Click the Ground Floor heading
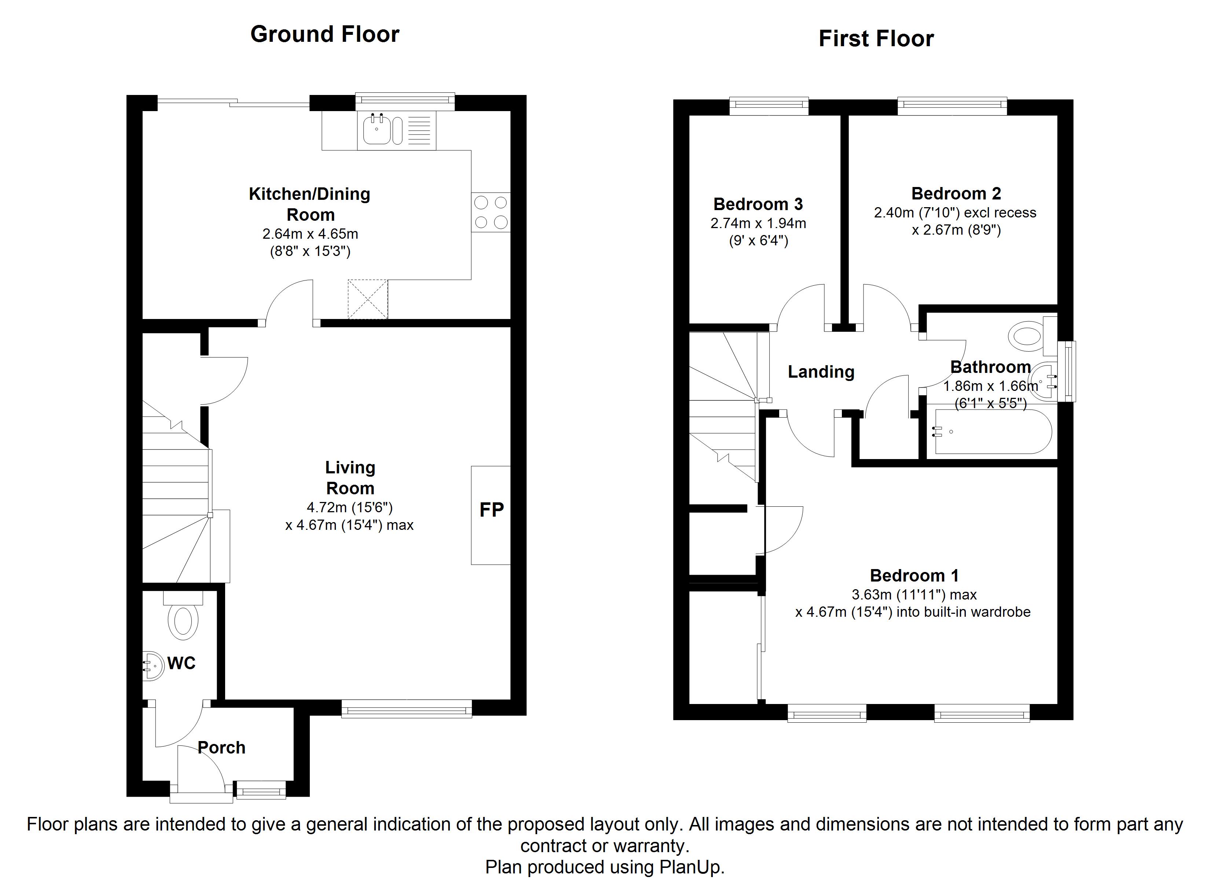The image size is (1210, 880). (x=324, y=34)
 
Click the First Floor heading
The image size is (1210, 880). (x=876, y=38)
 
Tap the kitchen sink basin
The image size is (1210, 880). (x=377, y=130)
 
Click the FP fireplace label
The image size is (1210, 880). (x=491, y=510)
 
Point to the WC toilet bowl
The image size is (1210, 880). (x=183, y=620)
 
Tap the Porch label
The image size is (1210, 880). (x=221, y=747)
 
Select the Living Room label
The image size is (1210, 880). (x=350, y=478)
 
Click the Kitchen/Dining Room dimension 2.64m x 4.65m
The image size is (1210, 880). (x=310, y=234)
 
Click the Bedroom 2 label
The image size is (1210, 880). (x=956, y=193)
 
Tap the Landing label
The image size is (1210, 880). (x=821, y=371)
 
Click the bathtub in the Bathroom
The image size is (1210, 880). (x=992, y=431)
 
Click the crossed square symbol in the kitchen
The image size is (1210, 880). (x=368, y=299)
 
